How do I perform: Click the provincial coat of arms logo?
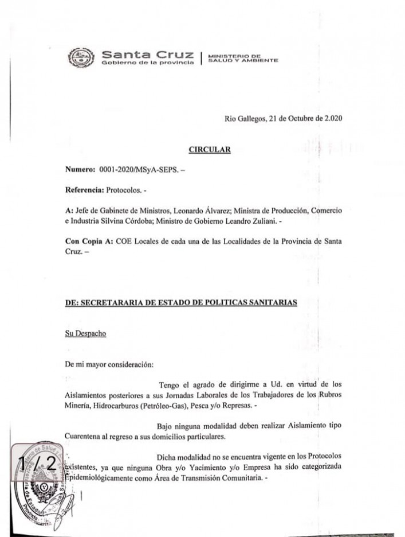click(80, 57)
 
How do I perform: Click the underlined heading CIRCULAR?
click(210, 150)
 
